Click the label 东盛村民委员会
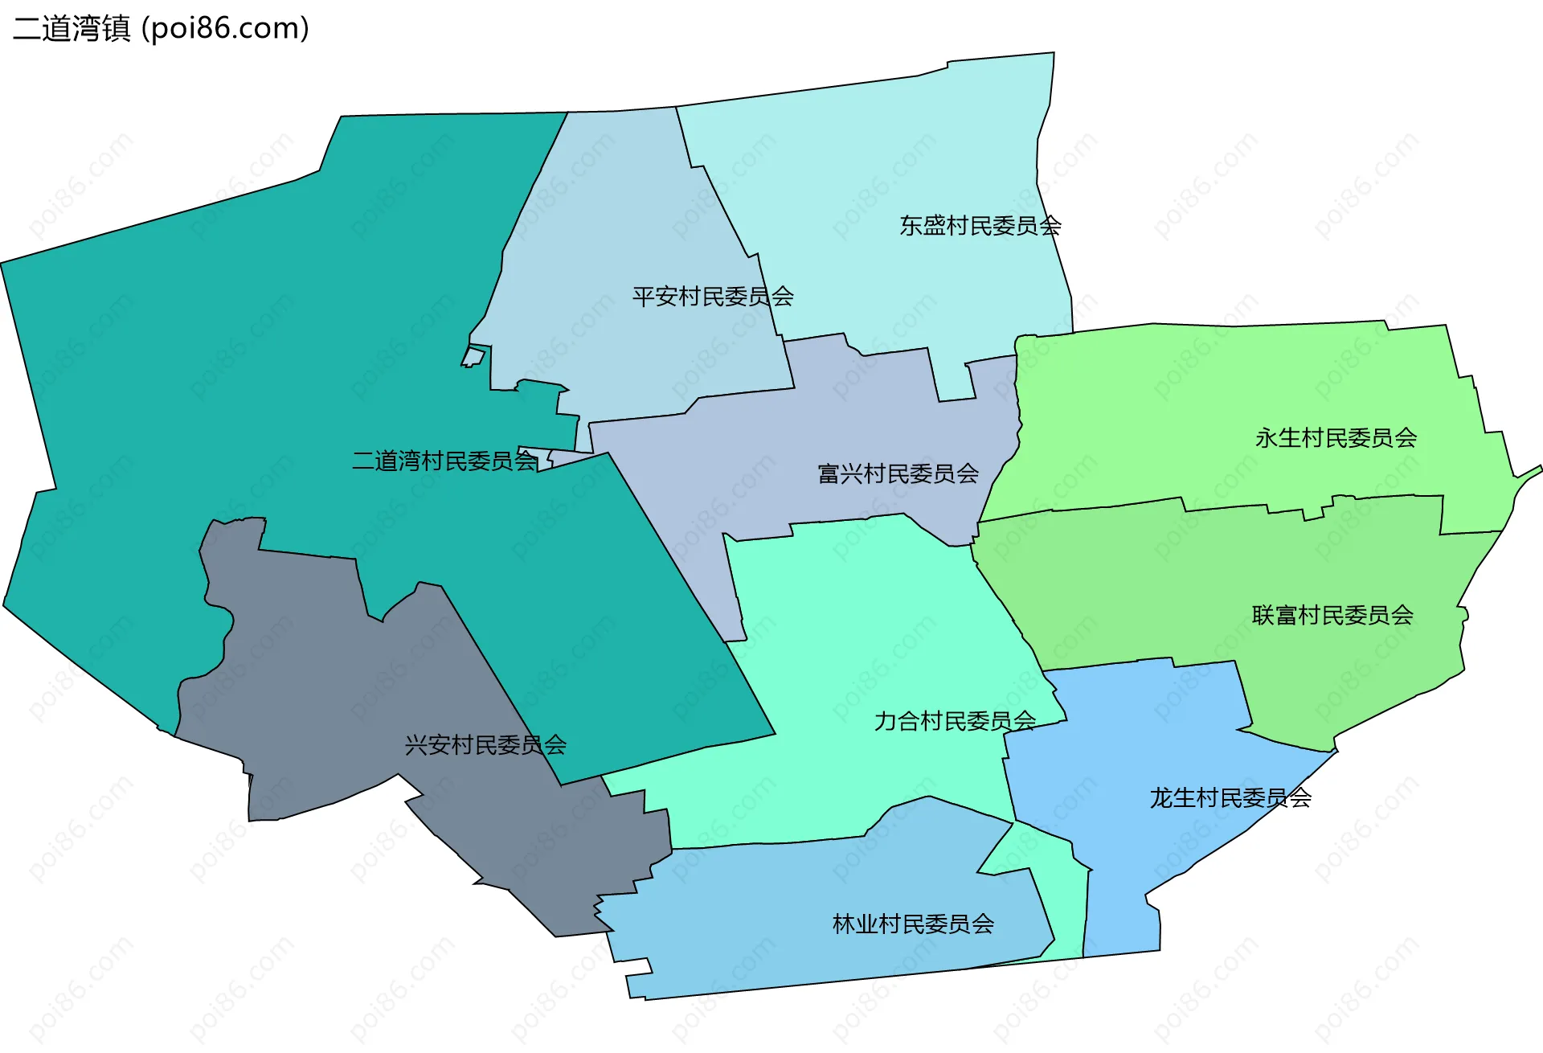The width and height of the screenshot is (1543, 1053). (x=980, y=226)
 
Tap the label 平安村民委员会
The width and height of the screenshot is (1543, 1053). (x=713, y=297)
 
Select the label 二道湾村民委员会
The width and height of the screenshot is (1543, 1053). (x=444, y=461)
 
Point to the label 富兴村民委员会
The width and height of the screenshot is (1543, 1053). (x=898, y=473)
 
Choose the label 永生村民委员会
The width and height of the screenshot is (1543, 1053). (x=1336, y=438)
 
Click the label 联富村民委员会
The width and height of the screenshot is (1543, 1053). (x=1332, y=615)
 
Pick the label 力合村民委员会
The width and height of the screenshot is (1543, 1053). (x=955, y=721)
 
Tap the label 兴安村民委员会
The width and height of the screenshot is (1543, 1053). (x=485, y=745)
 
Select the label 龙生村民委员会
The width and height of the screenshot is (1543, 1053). (x=1230, y=798)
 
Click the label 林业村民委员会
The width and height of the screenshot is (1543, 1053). (x=913, y=924)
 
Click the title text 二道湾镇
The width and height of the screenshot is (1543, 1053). (x=72, y=29)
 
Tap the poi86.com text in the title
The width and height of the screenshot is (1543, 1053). (x=225, y=29)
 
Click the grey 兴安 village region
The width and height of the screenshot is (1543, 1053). (x=321, y=683)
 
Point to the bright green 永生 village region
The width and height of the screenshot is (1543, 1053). (x=1205, y=402)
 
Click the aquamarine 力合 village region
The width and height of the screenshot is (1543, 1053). (x=868, y=643)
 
